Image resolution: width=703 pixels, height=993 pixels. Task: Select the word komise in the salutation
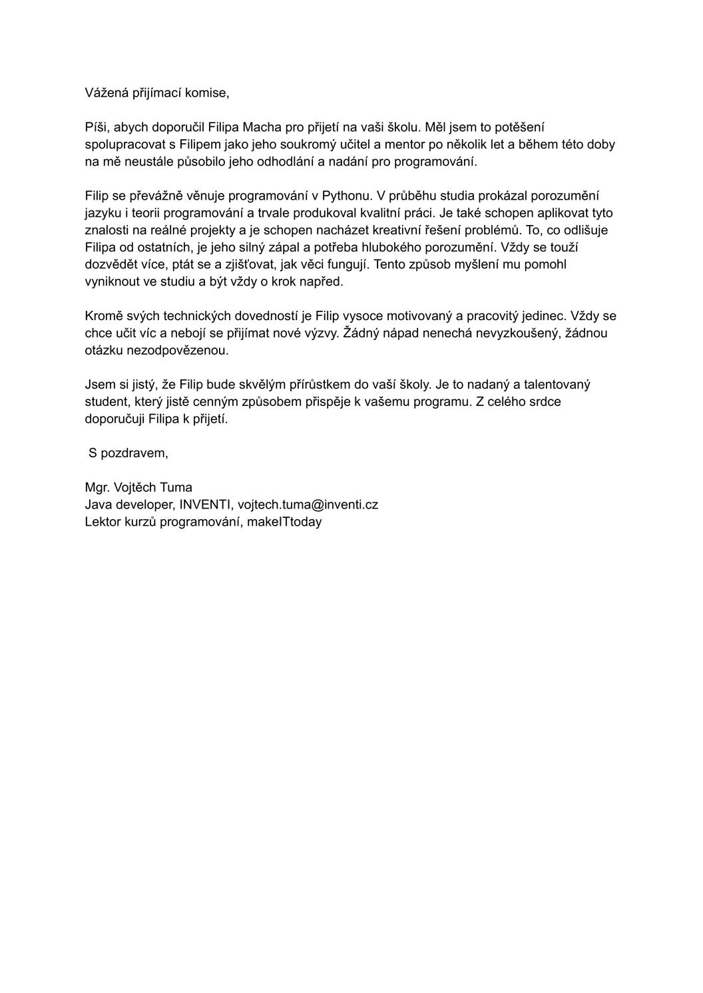click(208, 93)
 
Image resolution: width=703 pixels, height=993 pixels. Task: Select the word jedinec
click(544, 316)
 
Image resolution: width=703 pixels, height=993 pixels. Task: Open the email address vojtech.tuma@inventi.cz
click(308, 504)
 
